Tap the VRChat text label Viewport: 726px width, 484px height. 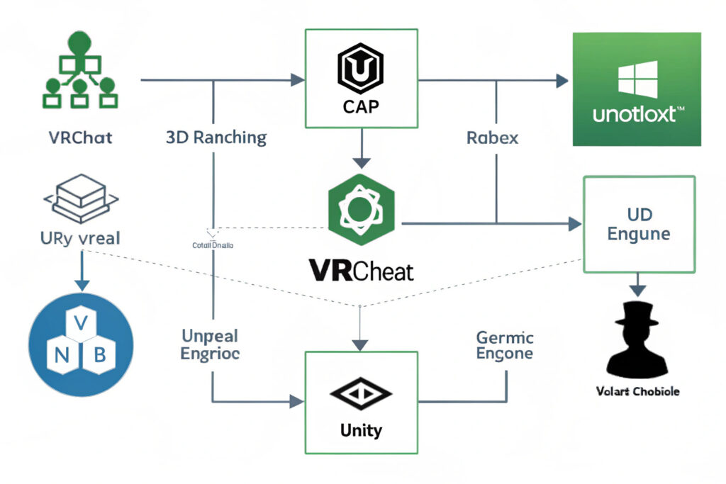pos(80,137)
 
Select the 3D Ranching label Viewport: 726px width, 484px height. pos(216,137)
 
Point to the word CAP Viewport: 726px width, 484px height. pos(362,108)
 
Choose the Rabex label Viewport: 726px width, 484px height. pos(492,137)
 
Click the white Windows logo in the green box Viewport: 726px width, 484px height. pos(637,78)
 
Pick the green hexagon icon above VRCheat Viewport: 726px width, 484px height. pos(362,210)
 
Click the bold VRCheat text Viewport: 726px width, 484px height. pos(362,270)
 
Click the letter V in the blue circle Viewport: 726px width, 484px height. pos(81,323)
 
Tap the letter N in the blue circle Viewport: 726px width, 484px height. pos(61,355)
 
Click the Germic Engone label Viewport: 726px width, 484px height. pos(505,344)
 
